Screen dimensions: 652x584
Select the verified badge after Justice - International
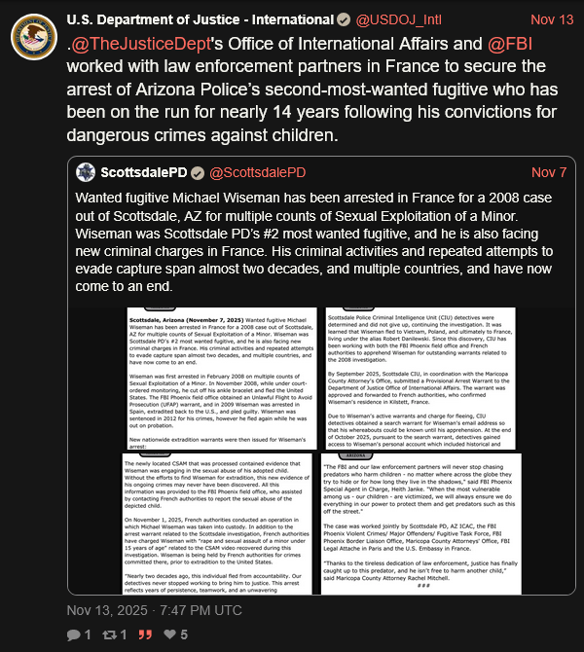point(342,19)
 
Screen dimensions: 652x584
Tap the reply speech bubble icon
point(73,634)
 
